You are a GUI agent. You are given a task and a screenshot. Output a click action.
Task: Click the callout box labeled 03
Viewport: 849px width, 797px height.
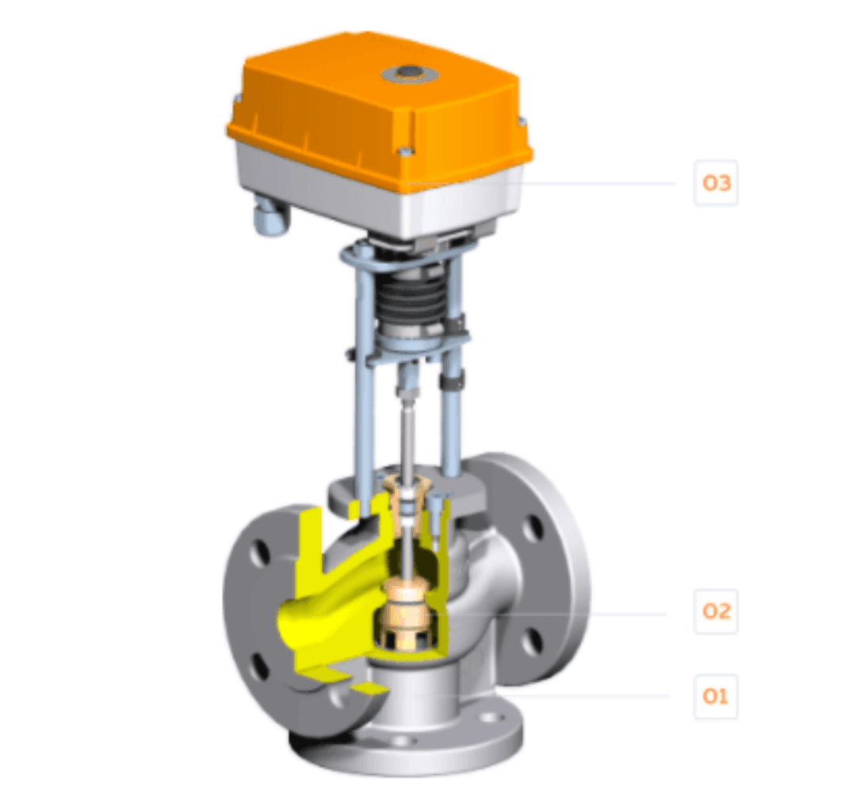coord(715,182)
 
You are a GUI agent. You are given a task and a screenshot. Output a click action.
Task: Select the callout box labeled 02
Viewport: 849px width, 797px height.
coord(715,611)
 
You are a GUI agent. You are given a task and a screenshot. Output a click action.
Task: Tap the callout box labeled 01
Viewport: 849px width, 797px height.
coord(715,696)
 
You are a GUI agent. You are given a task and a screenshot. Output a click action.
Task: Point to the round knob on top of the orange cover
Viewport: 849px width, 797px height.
coord(407,74)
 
